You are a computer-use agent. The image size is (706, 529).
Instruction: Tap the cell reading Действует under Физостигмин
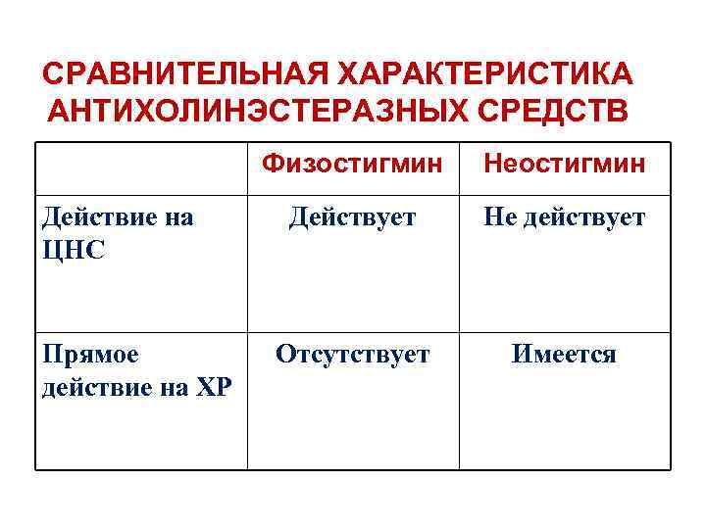pos(353,216)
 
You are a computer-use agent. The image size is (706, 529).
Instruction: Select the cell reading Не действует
pos(564,216)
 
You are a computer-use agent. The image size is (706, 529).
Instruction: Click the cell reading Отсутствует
pos(353,354)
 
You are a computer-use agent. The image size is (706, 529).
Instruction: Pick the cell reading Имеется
pos(564,354)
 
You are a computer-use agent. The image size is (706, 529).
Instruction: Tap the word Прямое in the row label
pos(90,354)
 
